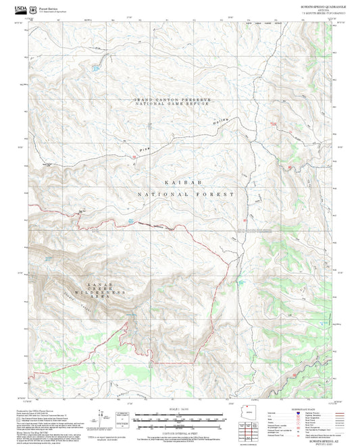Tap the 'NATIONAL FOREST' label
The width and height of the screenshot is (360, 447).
click(x=186, y=194)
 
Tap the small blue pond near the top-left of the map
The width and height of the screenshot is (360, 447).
click(x=95, y=68)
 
